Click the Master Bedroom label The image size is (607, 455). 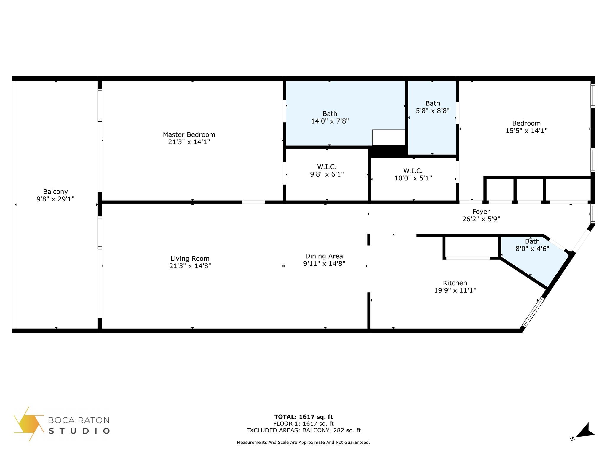(189, 134)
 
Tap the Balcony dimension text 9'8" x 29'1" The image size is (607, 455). (55, 199)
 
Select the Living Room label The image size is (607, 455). (190, 259)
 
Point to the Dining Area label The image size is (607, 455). (324, 256)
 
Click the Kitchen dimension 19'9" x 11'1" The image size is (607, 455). (455, 290)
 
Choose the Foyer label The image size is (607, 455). (481, 212)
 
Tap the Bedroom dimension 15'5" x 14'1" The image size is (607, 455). (526, 131)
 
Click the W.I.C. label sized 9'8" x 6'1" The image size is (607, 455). (327, 167)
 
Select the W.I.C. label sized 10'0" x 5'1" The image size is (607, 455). (413, 171)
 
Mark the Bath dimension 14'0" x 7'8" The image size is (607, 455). (330, 121)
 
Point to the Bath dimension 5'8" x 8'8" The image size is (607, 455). (433, 111)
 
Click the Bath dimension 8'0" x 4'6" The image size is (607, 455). (532, 249)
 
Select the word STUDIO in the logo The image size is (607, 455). (79, 431)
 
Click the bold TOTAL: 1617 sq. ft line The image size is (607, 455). (303, 417)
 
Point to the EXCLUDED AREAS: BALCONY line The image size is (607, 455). (303, 430)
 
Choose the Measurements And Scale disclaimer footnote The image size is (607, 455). (303, 443)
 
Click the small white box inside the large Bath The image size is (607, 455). (389, 138)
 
